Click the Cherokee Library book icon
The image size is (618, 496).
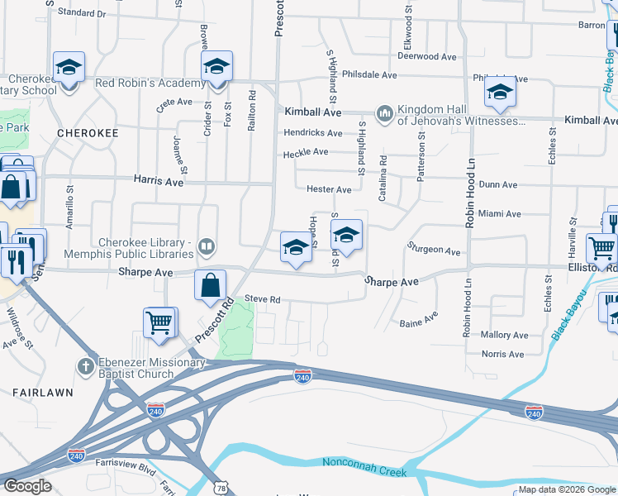tap(207, 246)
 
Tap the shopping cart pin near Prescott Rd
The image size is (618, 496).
tap(160, 323)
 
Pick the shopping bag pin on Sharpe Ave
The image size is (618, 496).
tap(211, 285)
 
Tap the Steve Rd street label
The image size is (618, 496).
tap(262, 300)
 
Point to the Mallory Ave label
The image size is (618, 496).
tap(504, 336)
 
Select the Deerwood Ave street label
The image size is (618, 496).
tap(426, 57)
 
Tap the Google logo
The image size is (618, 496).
tap(27, 486)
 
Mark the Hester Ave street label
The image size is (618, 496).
tap(329, 189)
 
